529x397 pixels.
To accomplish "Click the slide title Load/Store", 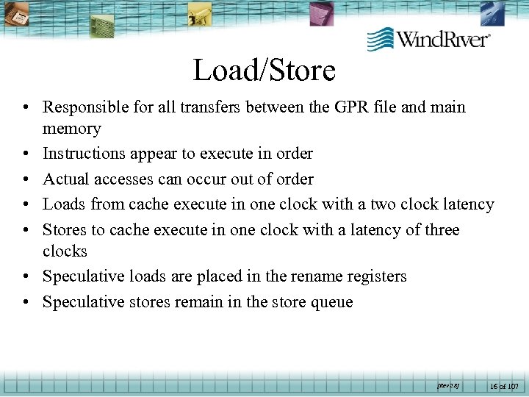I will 264,71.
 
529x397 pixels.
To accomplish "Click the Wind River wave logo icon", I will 380,38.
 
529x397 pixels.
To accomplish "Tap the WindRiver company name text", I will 444,39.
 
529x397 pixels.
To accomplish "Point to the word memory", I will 71,129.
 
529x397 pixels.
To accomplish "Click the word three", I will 439,230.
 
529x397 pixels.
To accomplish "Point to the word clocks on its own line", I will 65,251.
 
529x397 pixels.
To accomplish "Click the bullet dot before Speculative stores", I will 26,302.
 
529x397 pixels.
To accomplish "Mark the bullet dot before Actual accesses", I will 26,179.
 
